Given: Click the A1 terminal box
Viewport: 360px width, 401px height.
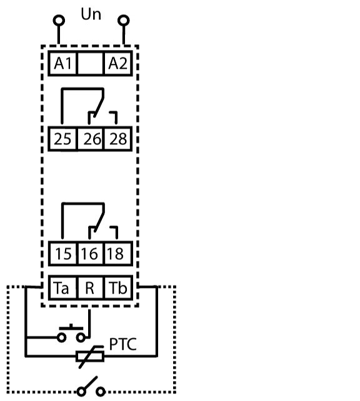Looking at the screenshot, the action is pyautogui.click(x=62, y=63).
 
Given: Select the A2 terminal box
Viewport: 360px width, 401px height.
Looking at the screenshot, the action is pyautogui.click(x=118, y=63).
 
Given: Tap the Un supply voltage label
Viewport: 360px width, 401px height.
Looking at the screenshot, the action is pyautogui.click(x=91, y=14).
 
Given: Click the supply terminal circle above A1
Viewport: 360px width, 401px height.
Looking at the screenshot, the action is pyautogui.click(x=59, y=21).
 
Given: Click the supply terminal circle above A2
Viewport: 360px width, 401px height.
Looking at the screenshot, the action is pyautogui.click(x=124, y=21).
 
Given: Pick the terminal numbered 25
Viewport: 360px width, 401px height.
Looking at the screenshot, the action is pyautogui.click(x=62, y=139).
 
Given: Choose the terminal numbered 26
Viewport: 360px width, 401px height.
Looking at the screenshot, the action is pyautogui.click(x=91, y=139).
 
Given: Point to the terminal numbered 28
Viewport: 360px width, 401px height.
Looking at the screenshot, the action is pyautogui.click(x=118, y=139).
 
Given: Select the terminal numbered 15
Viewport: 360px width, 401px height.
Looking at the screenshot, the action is pyautogui.click(x=62, y=254).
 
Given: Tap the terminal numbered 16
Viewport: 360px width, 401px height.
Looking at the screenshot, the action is pyautogui.click(x=91, y=254).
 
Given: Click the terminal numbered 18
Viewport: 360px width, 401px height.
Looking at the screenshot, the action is pyautogui.click(x=119, y=254).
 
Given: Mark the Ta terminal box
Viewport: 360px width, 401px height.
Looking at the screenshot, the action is pyautogui.click(x=62, y=288).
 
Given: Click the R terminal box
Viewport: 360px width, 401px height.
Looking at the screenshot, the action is pyautogui.click(x=91, y=288).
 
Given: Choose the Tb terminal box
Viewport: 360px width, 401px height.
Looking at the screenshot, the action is pyautogui.click(x=119, y=288).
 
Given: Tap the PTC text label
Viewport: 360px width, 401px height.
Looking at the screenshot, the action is pyautogui.click(x=123, y=344).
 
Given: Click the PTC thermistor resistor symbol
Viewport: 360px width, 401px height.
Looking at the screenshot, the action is pyautogui.click(x=90, y=356).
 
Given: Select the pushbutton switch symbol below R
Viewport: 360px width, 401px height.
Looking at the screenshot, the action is pyautogui.click(x=71, y=334).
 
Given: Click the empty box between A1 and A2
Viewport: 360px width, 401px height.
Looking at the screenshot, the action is pyautogui.click(x=91, y=63).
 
